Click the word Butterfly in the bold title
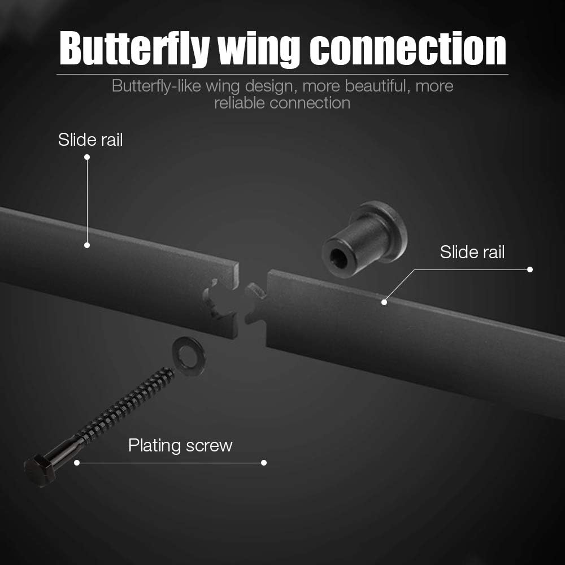pyautogui.click(x=134, y=49)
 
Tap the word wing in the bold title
pyautogui.click(x=259, y=50)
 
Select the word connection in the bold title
pyautogui.click(x=408, y=48)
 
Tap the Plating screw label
pyautogui.click(x=180, y=445)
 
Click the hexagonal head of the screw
pyautogui.click(x=39, y=470)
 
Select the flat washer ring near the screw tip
pyautogui.click(x=189, y=356)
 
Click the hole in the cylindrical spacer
pyautogui.click(x=338, y=258)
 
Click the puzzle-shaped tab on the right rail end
pyautogui.click(x=256, y=302)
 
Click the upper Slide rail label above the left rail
pyautogui.click(x=90, y=140)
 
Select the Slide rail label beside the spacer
pyautogui.click(x=472, y=252)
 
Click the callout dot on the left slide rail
pyautogui.click(x=87, y=245)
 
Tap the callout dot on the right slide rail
pyautogui.click(x=384, y=302)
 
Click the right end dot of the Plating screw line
pyautogui.click(x=264, y=463)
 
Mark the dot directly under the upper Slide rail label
pyautogui.click(x=87, y=157)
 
